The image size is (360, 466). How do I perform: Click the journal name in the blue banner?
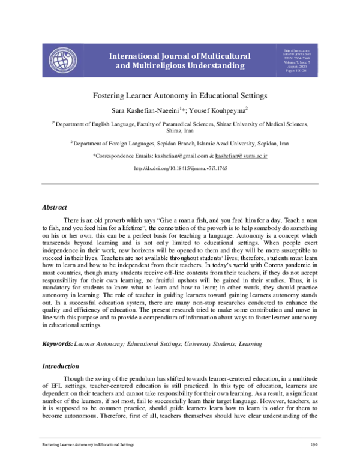[x=179, y=61]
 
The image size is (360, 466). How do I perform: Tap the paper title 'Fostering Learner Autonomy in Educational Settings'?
[x=179, y=95]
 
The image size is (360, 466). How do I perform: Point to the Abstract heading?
[x=54, y=207]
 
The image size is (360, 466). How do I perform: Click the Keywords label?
[x=57, y=343]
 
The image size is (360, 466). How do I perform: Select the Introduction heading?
[x=60, y=366]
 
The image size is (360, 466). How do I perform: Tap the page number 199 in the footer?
[x=313, y=444]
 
